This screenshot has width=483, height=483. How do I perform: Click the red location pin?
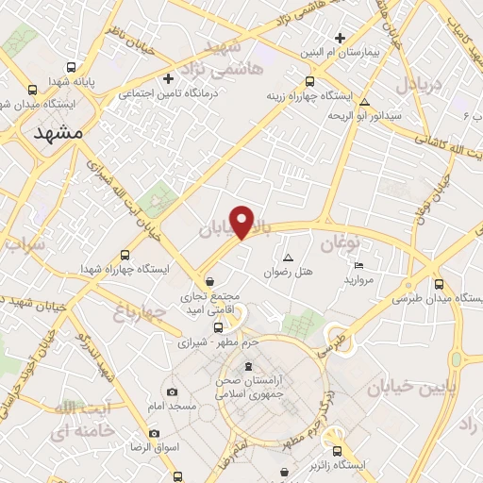[x=242, y=222]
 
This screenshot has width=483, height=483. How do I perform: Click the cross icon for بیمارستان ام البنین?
[x=340, y=37]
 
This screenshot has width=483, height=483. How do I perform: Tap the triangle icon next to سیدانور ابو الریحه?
[x=364, y=102]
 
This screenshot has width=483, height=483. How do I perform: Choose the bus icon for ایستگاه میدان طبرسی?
[x=439, y=283]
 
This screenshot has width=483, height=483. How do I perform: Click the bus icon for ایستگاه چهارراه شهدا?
[x=125, y=254]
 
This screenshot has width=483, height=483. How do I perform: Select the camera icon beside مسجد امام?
[x=172, y=391]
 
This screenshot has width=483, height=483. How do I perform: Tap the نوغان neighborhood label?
[x=341, y=244]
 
